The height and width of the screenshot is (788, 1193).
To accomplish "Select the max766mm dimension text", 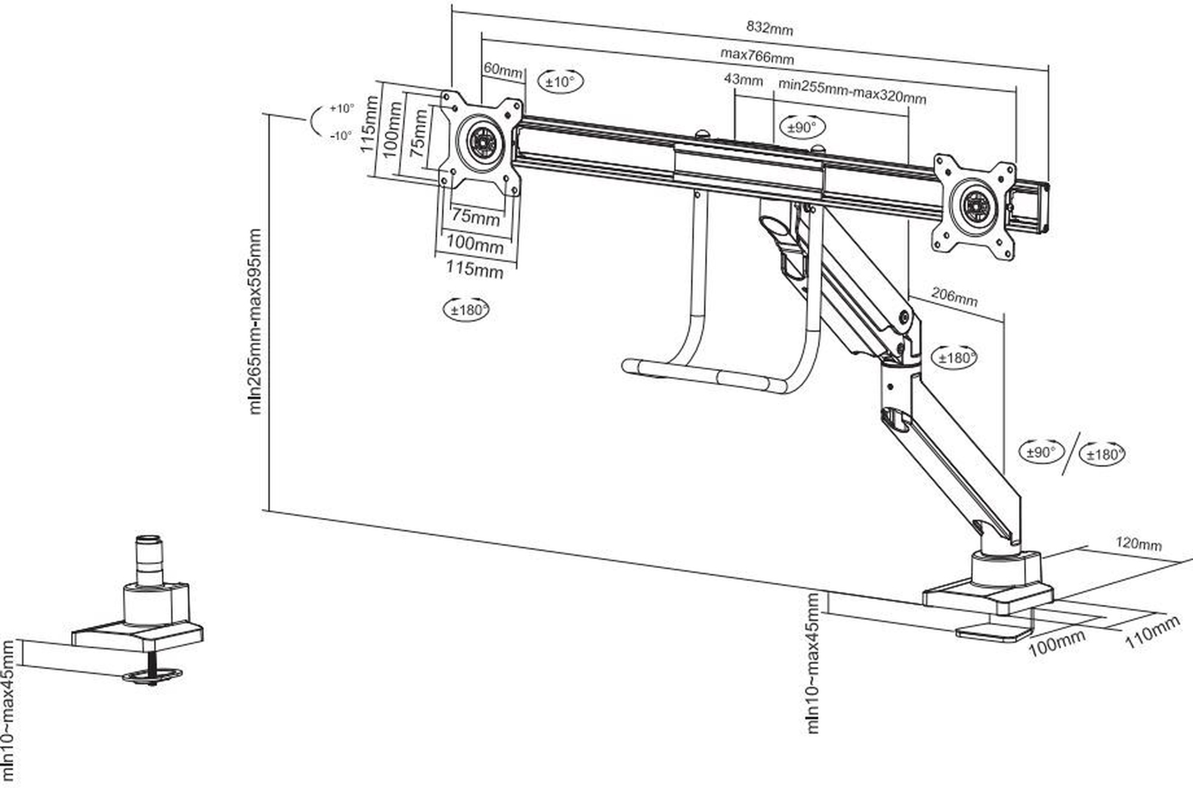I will (x=757, y=57).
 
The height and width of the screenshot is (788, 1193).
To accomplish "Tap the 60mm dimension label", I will (x=503, y=70).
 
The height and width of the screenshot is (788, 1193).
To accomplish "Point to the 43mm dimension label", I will (x=743, y=79).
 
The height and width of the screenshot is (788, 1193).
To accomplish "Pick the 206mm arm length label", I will (x=954, y=296).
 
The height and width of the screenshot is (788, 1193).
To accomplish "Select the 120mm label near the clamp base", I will (x=1139, y=544).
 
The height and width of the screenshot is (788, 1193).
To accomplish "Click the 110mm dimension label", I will (x=1152, y=632).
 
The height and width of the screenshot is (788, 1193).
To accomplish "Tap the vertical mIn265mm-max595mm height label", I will (x=255, y=322).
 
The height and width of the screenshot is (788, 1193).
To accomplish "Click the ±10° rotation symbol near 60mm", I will (x=561, y=81).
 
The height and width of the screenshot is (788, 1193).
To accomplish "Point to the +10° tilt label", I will (x=342, y=108).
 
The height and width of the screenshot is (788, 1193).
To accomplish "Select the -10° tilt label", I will (x=341, y=136).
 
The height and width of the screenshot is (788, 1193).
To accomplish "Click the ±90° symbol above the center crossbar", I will (x=802, y=127).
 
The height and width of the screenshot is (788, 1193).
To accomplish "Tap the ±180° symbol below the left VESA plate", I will (x=466, y=309).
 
